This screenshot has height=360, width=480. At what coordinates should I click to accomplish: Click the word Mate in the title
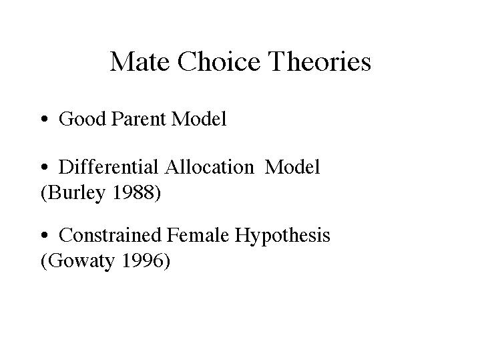[140, 61]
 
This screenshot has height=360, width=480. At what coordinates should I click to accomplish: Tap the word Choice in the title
[219, 61]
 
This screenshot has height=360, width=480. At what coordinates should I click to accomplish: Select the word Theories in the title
[320, 61]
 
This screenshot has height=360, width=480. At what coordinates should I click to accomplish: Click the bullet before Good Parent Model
[45, 119]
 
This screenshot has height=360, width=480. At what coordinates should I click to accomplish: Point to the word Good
[82, 119]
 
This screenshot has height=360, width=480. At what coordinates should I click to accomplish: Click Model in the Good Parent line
[199, 119]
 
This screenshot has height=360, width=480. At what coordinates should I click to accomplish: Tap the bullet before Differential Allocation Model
[45, 167]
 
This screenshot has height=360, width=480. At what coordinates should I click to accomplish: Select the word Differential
[109, 167]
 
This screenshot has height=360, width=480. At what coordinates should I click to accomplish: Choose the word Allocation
[210, 167]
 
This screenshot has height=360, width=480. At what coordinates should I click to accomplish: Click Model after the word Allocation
[292, 167]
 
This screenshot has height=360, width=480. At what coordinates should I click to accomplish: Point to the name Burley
[77, 193]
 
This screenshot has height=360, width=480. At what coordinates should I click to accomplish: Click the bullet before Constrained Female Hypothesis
[45, 235]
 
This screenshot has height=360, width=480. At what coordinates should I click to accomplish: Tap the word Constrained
[110, 235]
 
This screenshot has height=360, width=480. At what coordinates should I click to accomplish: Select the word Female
[198, 235]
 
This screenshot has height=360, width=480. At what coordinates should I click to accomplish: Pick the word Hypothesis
[282, 236]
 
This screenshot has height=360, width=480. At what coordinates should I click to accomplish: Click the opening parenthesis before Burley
[44, 193]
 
